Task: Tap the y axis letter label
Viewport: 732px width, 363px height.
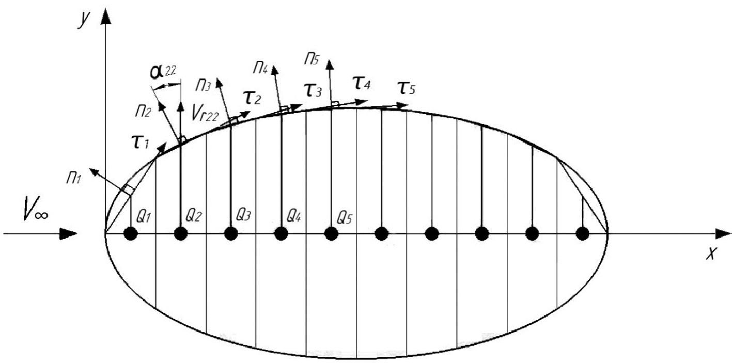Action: click(84, 20)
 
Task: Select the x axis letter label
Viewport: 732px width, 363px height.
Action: click(711, 253)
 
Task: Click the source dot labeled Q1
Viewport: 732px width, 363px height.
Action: click(131, 234)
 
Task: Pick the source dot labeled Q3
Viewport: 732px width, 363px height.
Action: click(231, 234)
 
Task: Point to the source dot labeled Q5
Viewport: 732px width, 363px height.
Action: click(331, 234)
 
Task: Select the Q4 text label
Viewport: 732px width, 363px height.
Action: click(294, 215)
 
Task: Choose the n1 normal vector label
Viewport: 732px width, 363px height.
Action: click(74, 179)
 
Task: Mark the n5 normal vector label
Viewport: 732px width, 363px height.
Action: click(312, 59)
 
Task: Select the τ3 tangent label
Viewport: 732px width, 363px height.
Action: click(313, 89)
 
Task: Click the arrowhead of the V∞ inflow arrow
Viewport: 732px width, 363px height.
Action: click(69, 234)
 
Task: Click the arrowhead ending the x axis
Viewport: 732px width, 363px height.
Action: click(723, 234)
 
